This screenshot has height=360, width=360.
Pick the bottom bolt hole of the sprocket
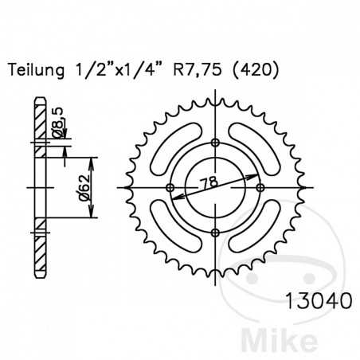(215, 233)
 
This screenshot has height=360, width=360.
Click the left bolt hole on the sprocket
(170, 188)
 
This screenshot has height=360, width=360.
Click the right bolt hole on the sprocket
(260, 188)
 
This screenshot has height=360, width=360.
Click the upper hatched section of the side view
(37, 120)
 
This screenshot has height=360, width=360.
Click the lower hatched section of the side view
(37, 253)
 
